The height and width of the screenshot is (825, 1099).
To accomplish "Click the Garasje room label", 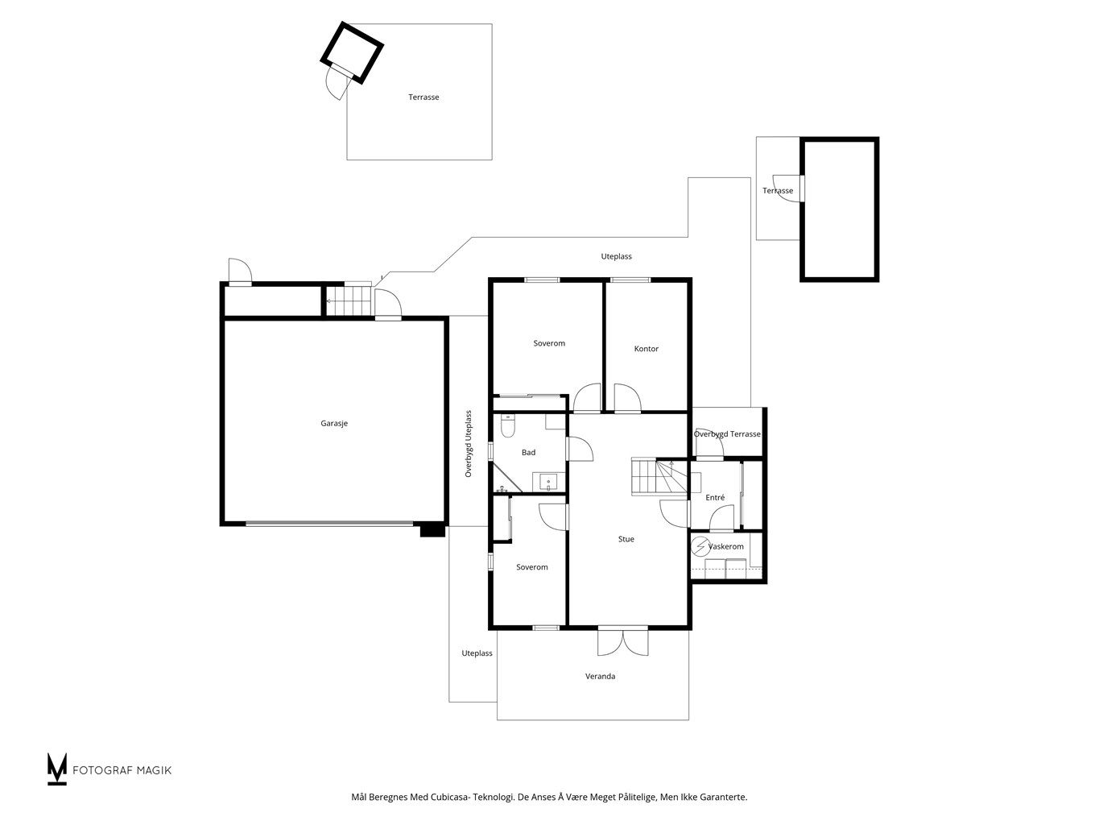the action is pyautogui.click(x=334, y=423).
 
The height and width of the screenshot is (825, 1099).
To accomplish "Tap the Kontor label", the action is pyautogui.click(x=646, y=349).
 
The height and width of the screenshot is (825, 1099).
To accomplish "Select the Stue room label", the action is pyautogui.click(x=626, y=539).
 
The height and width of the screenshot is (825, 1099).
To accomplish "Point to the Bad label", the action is pyautogui.click(x=528, y=452).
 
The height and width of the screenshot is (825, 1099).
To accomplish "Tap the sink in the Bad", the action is pyautogui.click(x=549, y=483).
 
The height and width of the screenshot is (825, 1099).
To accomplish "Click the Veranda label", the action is pyautogui.click(x=600, y=676).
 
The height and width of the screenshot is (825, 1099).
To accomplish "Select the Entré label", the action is pyautogui.click(x=714, y=497).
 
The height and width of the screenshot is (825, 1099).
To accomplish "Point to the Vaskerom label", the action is pyautogui.click(x=725, y=546).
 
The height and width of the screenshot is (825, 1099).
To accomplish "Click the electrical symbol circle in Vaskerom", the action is pyautogui.click(x=699, y=547).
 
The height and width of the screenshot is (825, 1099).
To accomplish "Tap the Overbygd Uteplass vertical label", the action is pyautogui.click(x=468, y=444).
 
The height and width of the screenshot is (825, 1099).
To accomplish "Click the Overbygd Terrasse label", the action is pyautogui.click(x=727, y=433).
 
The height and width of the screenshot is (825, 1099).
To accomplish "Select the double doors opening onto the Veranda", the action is pyautogui.click(x=623, y=641).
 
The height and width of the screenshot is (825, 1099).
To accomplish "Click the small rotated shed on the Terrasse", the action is pyautogui.click(x=352, y=52).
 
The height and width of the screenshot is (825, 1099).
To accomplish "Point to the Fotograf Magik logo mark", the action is pyautogui.click(x=56, y=769).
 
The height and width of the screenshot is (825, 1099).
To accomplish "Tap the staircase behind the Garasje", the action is pyautogui.click(x=349, y=301).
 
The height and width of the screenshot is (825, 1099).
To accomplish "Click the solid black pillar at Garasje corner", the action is pyautogui.click(x=432, y=530).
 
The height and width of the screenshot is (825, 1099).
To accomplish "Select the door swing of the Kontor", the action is pyautogui.click(x=628, y=398).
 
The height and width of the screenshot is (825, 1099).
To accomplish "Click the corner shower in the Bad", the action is pyautogui.click(x=506, y=478).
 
